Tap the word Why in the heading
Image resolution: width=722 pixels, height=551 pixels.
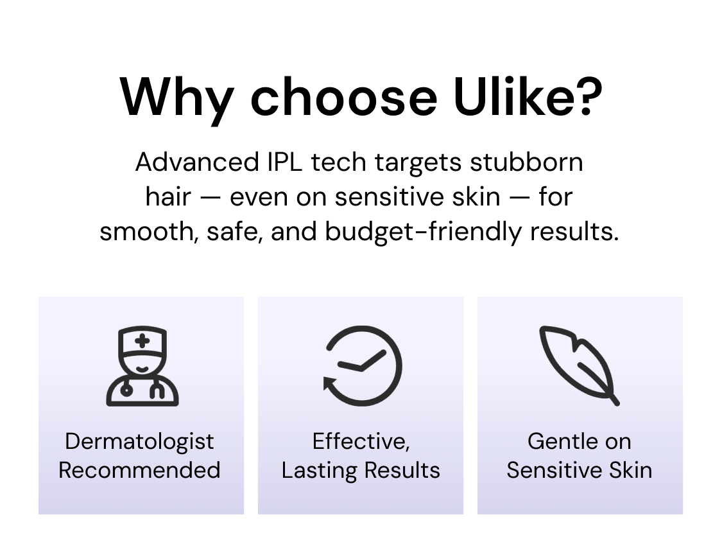click(176, 100)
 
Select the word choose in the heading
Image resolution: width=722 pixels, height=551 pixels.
click(343, 97)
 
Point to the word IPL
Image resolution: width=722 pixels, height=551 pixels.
click(284, 162)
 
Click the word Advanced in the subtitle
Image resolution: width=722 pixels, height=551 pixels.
click(197, 162)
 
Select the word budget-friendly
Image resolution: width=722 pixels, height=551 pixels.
click(423, 231)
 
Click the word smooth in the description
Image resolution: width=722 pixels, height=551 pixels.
click(149, 232)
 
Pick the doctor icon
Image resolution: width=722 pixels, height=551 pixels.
click(142, 366)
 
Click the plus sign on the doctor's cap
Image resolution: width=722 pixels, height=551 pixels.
click(142, 341)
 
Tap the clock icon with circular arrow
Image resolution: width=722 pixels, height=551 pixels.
click(363, 366)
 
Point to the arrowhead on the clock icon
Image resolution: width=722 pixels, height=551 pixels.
click(331, 383)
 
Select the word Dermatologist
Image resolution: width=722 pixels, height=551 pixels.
click(139, 442)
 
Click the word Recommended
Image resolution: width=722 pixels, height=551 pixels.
click(139, 470)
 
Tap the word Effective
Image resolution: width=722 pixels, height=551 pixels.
click(361, 442)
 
